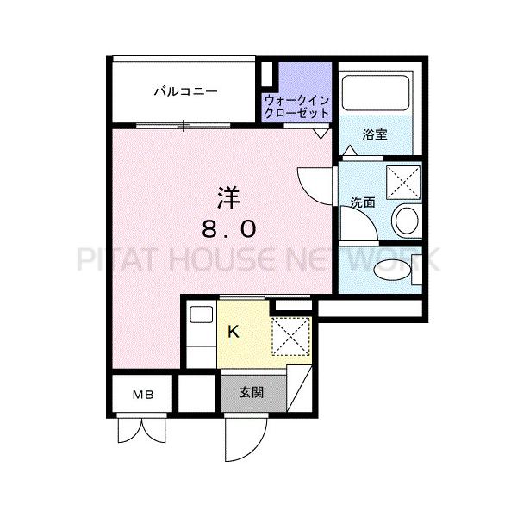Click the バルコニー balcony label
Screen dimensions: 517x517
coord(185,91)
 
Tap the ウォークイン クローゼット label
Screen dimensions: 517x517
coord(296,107)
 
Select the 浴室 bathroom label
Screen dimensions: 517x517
coord(375,134)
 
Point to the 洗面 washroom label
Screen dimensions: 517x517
coord(363,202)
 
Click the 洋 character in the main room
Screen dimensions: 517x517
coord(228,198)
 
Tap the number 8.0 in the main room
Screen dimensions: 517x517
coord(229,229)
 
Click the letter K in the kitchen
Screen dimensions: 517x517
coord(234,332)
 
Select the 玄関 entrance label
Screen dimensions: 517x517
coord(252,392)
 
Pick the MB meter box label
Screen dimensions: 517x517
coord(143,395)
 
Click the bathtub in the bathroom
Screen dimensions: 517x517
coord(376,93)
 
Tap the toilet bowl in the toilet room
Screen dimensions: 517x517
coord(393,271)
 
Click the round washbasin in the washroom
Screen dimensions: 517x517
coord(407,220)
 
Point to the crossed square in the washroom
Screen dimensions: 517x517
coord(403,183)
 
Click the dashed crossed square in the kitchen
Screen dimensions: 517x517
coord(291,336)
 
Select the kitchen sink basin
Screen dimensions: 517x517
coord(201,315)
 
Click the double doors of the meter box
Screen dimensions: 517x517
coord(142,430)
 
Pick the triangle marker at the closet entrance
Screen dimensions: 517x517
coord(321,134)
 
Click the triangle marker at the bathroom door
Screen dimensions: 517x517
coord(350,150)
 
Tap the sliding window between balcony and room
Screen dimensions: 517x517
coord(184,126)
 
